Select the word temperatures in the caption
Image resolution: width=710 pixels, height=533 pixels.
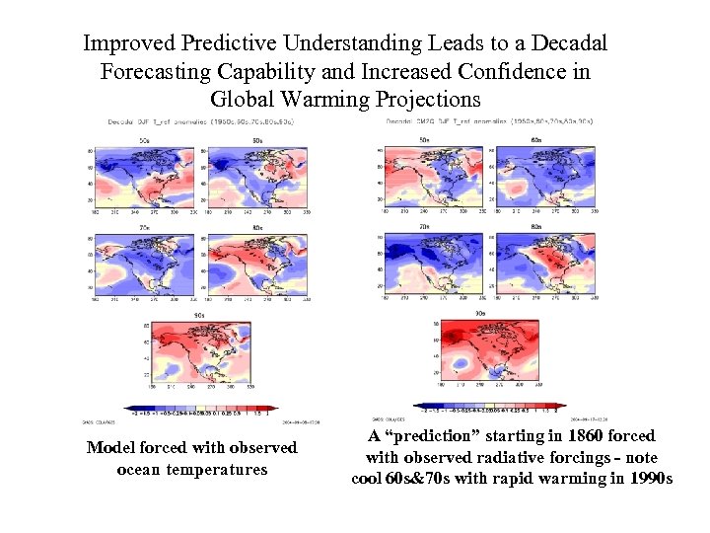coord(218,469)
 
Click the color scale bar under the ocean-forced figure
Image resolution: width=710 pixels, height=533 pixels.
coord(201,408)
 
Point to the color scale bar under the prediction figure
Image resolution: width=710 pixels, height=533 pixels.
coord(490,406)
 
